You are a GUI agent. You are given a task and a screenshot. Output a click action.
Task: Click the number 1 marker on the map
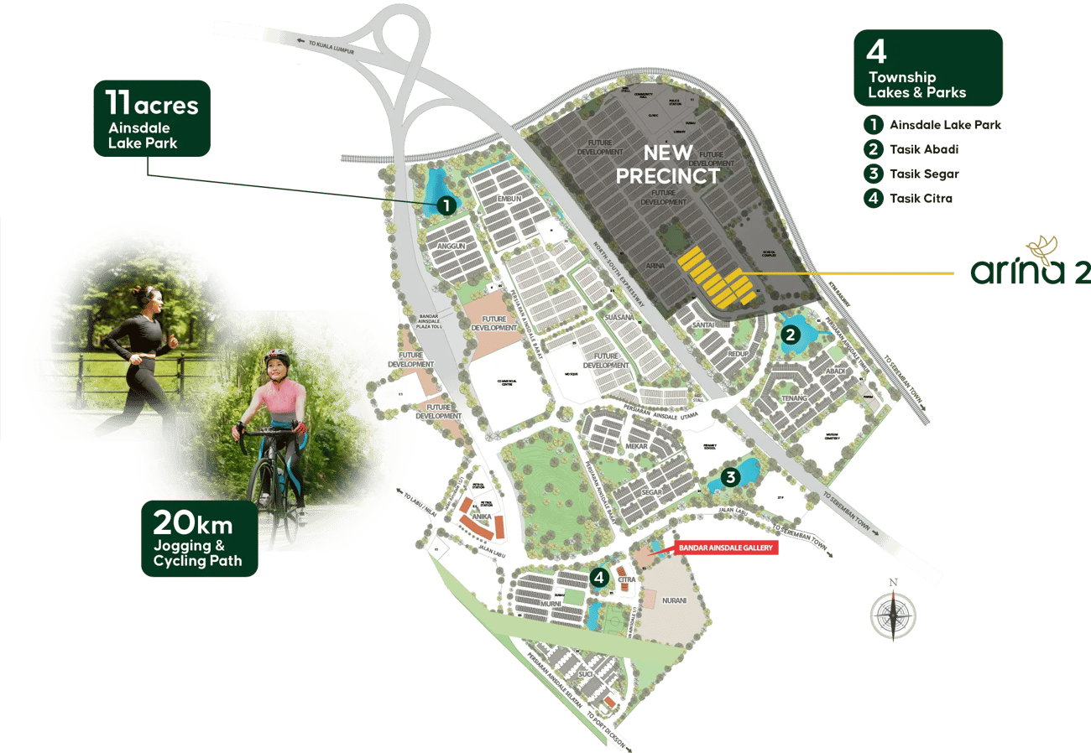click(446, 205)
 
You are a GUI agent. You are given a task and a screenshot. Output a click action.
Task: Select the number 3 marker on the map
click(730, 477)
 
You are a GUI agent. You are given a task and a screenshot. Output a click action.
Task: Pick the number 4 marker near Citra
click(598, 577)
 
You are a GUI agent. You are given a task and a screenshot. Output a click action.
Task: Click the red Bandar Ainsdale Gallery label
click(726, 548)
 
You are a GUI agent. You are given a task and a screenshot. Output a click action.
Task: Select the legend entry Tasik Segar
click(923, 174)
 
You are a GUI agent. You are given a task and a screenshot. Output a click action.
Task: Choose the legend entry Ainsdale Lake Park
click(944, 125)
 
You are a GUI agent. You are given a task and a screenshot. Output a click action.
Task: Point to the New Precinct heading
click(667, 164)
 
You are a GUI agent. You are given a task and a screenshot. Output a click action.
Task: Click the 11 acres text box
click(151, 118)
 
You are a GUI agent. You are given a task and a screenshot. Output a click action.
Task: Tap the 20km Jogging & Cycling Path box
click(199, 538)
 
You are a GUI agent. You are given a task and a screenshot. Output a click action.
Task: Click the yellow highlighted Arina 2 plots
click(714, 277)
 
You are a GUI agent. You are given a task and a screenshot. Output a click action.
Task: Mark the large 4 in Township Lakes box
click(876, 52)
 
